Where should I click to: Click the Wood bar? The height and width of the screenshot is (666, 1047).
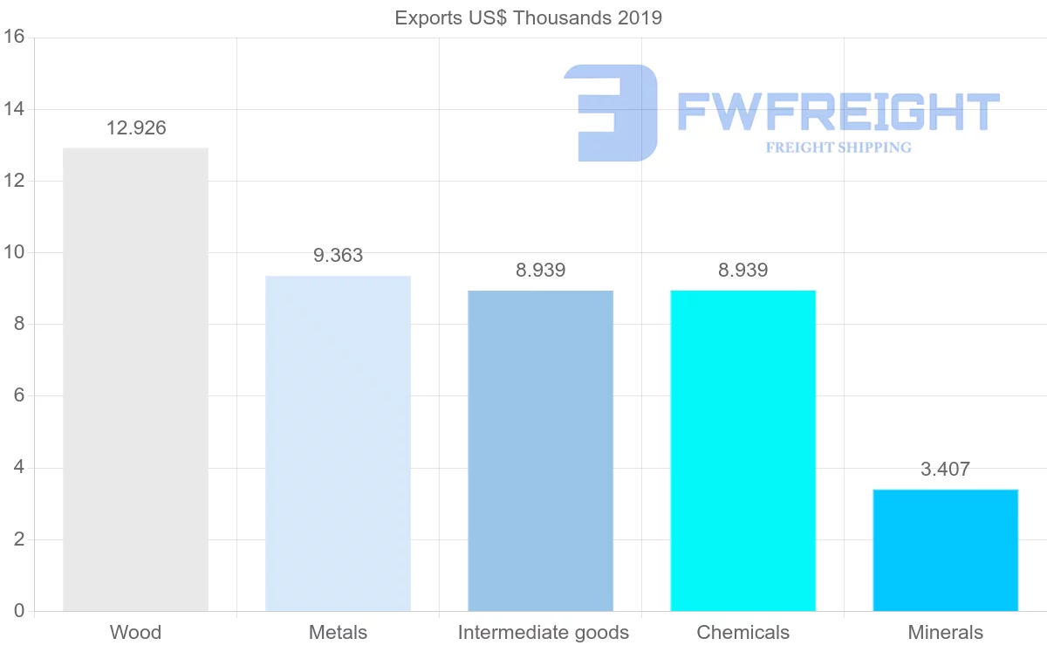tap(135, 380)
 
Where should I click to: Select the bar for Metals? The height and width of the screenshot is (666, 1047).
tap(338, 443)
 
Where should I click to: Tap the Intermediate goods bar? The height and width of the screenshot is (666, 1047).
tap(540, 450)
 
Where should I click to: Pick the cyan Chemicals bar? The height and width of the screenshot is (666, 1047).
tap(742, 450)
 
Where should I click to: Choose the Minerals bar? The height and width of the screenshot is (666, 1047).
tap(945, 550)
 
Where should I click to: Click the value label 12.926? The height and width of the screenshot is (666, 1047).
tap(136, 128)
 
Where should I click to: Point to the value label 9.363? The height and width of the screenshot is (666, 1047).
tap(338, 256)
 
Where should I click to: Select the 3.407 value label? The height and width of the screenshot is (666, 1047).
tap(945, 470)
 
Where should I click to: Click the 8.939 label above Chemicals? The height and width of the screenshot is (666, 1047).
tap(742, 271)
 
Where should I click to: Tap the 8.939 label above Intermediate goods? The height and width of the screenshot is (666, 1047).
tap(540, 271)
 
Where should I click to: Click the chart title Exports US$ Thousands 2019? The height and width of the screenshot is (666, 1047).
tap(528, 17)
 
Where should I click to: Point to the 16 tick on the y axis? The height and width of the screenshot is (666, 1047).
tap(13, 38)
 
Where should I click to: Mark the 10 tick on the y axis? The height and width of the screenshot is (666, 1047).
tap(13, 253)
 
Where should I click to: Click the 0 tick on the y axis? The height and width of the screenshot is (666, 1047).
tap(18, 611)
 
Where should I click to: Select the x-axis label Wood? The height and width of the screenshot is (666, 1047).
tap(135, 633)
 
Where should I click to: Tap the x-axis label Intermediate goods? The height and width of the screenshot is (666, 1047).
tap(543, 633)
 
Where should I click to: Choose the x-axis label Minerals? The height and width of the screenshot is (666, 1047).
tap(945, 633)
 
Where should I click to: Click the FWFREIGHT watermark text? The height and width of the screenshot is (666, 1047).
tap(838, 112)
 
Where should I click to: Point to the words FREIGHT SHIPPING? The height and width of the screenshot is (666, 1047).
tap(838, 148)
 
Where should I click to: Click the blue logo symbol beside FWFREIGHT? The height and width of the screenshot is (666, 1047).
tap(611, 113)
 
